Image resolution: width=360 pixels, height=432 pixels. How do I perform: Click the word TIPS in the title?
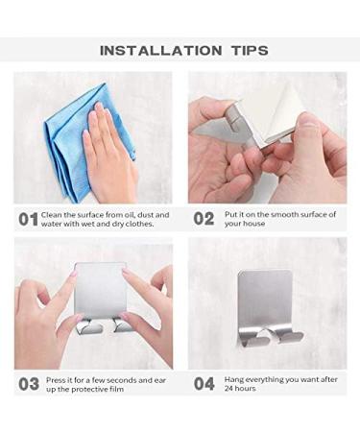[x=242, y=51]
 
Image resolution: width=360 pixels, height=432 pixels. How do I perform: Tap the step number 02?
[x=204, y=219]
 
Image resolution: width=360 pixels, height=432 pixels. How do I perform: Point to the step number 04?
[x=204, y=383]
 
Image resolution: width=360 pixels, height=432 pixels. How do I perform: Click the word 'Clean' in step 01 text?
[x=55, y=214]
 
